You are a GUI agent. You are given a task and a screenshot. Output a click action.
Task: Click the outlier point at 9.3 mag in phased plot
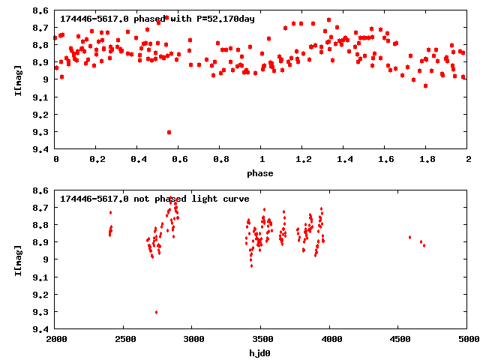click(x=169, y=132)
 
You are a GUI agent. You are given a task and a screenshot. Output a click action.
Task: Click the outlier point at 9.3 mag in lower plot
click(x=156, y=312)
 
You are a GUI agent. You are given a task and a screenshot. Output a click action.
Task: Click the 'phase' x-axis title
click(x=261, y=173)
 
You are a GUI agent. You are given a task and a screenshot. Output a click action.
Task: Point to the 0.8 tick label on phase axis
click(x=220, y=160)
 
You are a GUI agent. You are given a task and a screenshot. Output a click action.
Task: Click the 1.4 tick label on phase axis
click(x=344, y=160)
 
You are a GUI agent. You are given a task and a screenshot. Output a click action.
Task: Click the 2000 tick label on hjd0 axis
click(x=56, y=339)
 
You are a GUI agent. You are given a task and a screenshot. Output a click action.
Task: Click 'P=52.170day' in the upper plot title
click(x=223, y=19)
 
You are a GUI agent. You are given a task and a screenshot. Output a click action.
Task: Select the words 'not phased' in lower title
click(x=157, y=199)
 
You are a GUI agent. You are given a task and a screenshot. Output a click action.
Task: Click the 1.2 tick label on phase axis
click(x=303, y=160)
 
